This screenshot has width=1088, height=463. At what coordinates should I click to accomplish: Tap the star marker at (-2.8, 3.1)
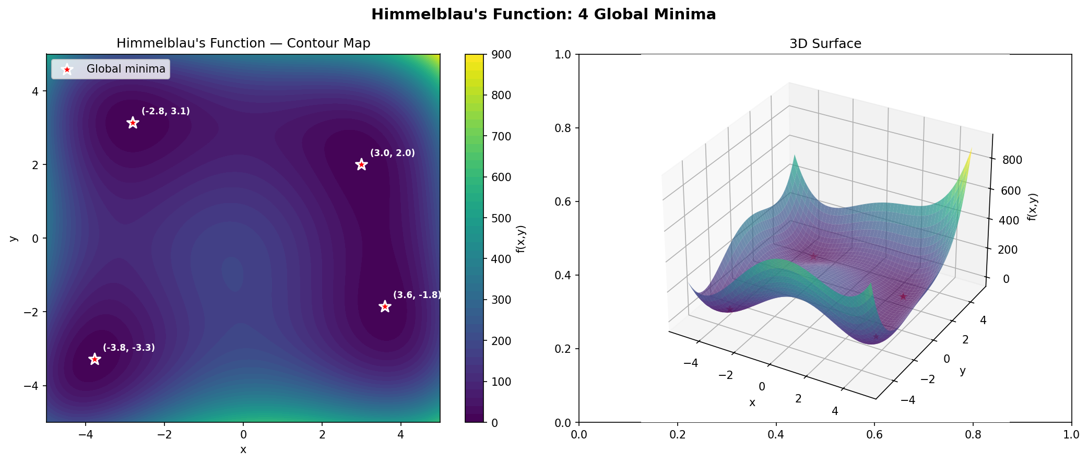point(133,123)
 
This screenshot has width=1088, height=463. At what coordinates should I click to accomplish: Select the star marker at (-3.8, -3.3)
point(94,359)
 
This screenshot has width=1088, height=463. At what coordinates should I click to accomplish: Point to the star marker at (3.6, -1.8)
point(385,306)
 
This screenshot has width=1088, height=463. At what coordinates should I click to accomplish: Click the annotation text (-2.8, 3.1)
point(165,111)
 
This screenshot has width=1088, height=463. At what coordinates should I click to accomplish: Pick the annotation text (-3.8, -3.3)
point(128,348)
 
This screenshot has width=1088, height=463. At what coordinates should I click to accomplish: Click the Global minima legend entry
point(125,69)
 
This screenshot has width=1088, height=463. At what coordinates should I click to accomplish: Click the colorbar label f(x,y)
point(521,239)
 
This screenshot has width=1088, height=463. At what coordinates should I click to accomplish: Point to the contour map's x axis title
point(243,449)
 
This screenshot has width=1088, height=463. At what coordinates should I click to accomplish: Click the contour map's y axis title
point(14,239)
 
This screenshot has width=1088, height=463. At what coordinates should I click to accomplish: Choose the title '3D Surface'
point(825,44)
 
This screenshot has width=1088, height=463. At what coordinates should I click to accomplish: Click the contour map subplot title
point(243,43)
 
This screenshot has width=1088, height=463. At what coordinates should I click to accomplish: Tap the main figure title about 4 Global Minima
point(543,15)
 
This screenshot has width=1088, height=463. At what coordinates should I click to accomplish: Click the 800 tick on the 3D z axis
point(1012,160)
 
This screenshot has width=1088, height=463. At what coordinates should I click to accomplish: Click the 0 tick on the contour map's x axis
point(243,435)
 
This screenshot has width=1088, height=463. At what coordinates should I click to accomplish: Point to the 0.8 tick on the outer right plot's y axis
point(563,128)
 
